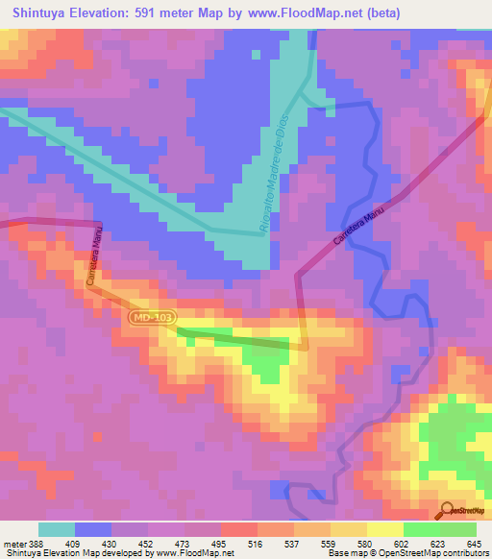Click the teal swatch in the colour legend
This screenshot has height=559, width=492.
coord(56,529)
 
